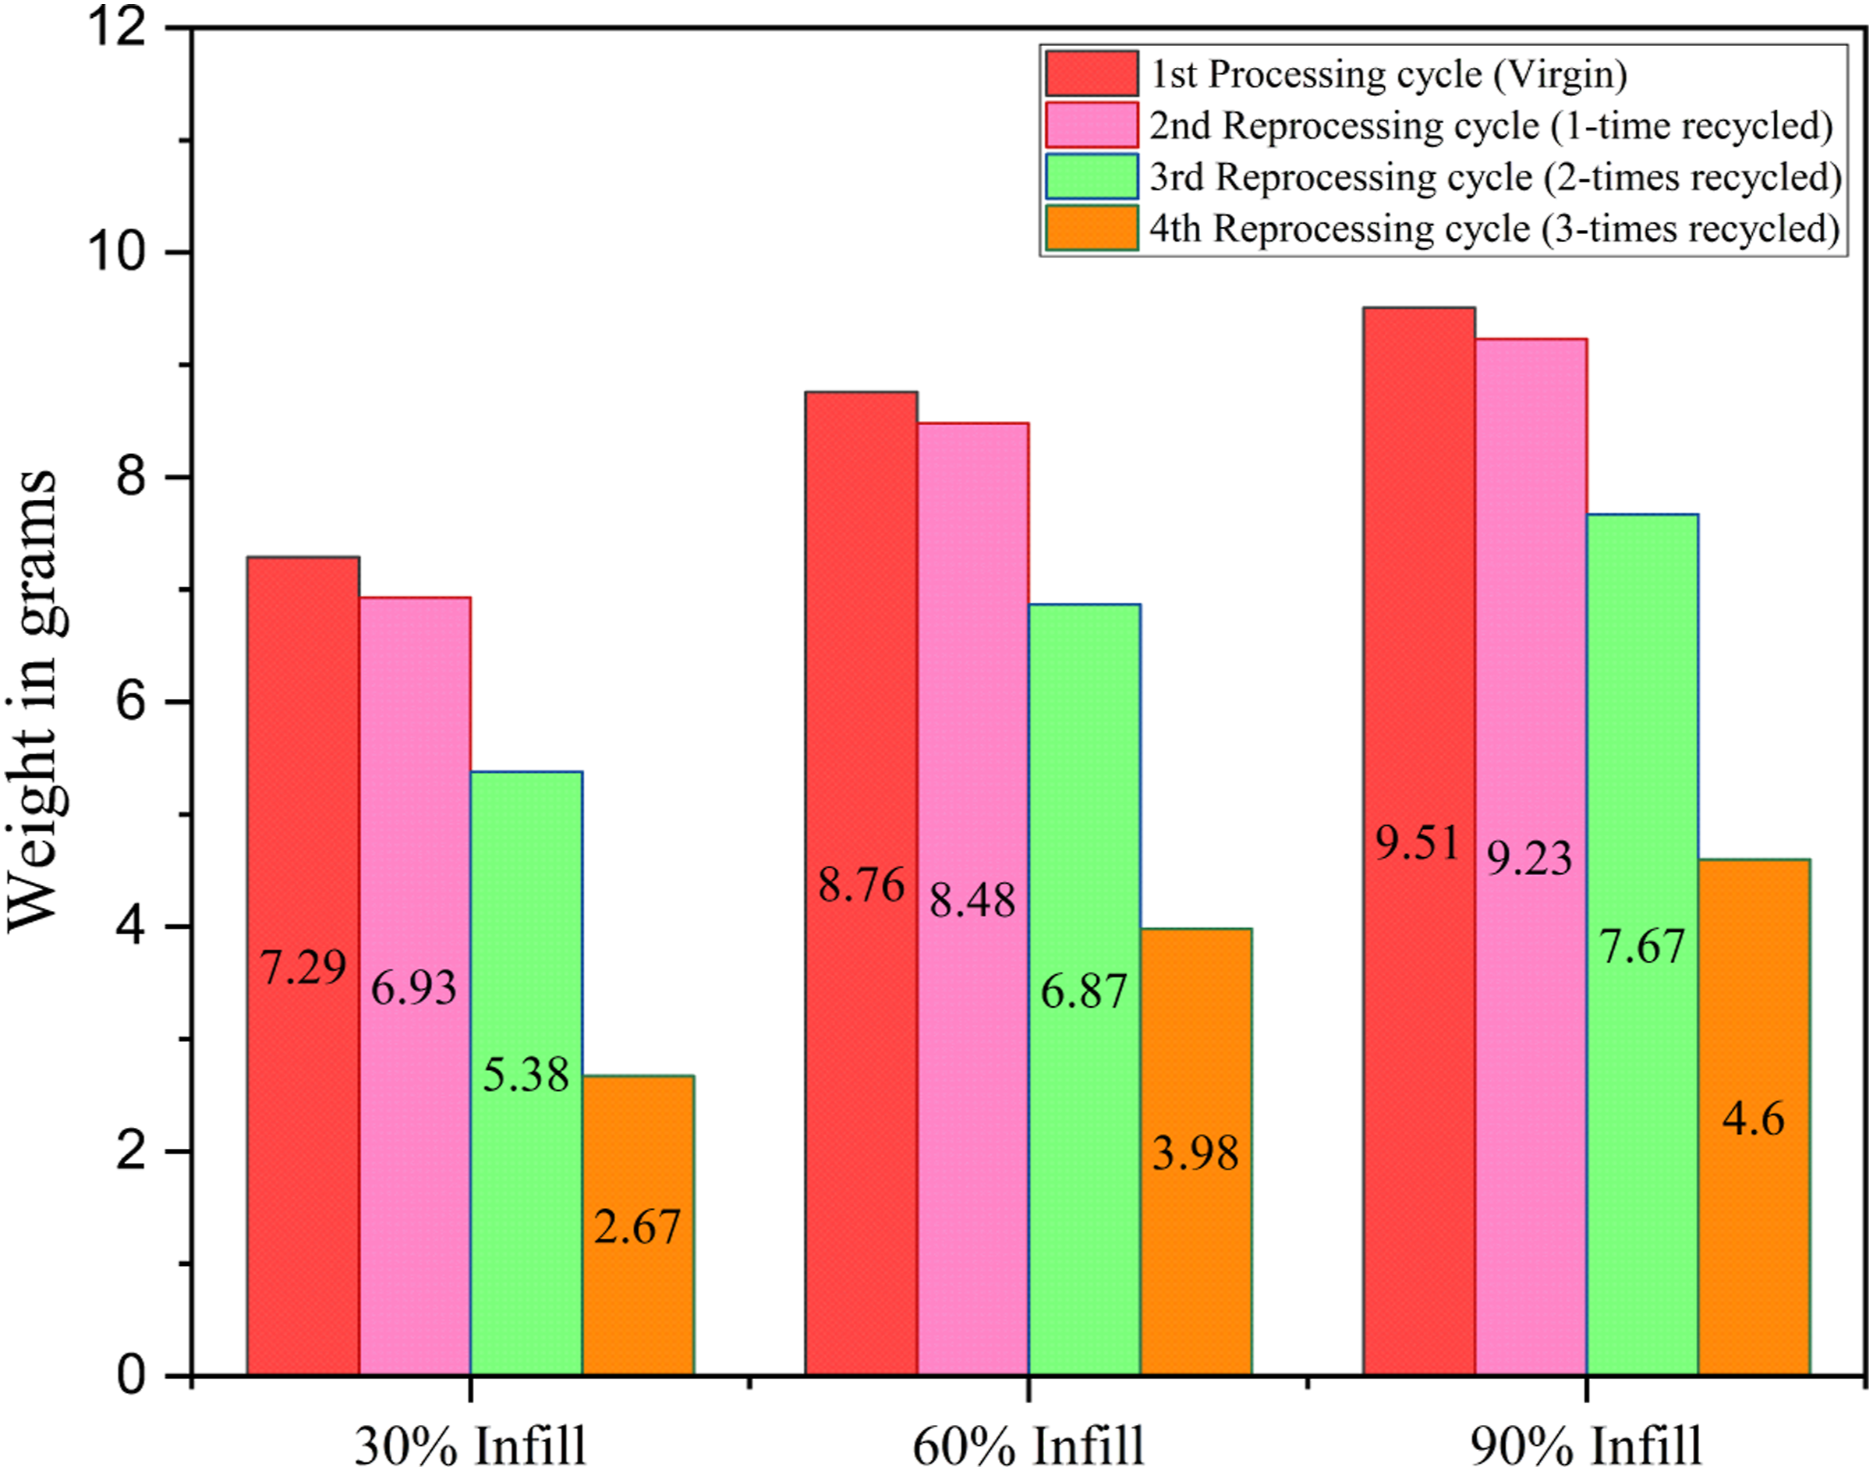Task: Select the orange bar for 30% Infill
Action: point(638,1225)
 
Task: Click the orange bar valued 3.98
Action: point(1196,1151)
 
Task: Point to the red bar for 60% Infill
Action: point(861,883)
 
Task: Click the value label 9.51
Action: point(1418,842)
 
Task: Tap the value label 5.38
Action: point(526,1074)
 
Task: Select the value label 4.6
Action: point(1753,1118)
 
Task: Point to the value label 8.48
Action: point(973,900)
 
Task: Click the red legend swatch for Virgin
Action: point(1092,73)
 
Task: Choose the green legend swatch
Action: point(1092,176)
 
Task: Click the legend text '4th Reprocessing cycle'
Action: point(1340,229)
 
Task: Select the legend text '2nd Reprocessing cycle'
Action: point(1344,126)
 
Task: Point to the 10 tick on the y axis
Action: point(179,253)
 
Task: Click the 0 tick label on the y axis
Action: point(132,1375)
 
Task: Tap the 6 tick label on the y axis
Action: point(132,702)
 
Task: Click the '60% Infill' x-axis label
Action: point(1029,1445)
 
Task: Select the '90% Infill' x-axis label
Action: point(1586,1445)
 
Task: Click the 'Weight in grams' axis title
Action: point(33,700)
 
